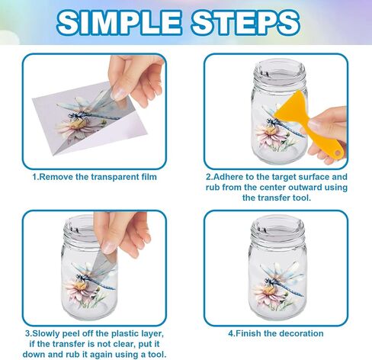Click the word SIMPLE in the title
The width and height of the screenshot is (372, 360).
119,22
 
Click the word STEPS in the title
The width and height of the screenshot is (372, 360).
245,22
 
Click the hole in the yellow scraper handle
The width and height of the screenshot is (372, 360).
337,153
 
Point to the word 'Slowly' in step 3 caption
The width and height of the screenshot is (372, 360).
45,333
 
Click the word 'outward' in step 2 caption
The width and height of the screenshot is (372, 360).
289,188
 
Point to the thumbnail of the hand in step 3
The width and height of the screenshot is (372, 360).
110,246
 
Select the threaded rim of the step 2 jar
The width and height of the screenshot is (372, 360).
279,74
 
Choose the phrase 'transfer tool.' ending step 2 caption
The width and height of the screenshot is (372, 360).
277,198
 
